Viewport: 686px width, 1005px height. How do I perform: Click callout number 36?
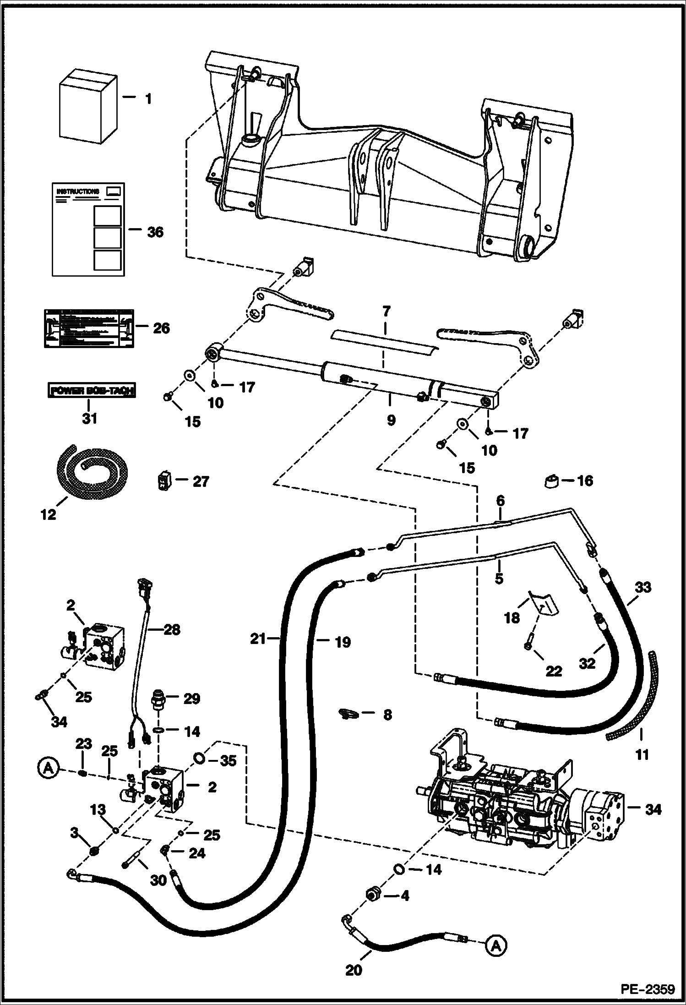point(155,232)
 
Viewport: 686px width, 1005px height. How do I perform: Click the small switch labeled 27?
point(163,481)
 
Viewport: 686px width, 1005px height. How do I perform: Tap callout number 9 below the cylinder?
point(391,420)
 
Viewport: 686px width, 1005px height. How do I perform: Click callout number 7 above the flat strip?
point(386,312)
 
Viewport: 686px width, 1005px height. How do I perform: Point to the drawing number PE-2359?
point(648,988)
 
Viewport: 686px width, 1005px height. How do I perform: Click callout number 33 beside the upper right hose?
point(643,587)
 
